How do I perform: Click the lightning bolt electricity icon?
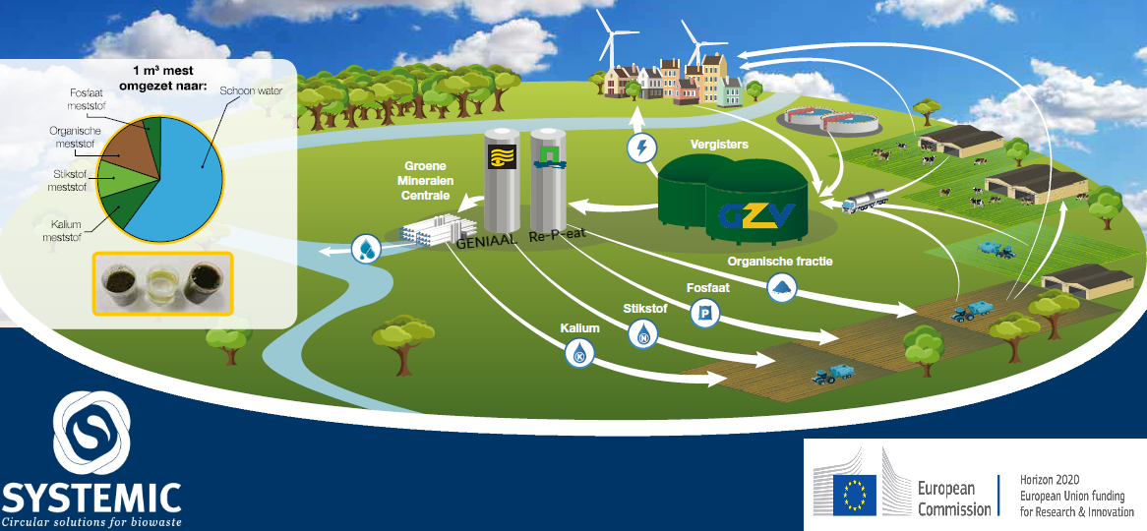[x=641, y=148]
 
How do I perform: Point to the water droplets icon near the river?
[x=366, y=249]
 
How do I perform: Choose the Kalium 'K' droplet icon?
[x=579, y=353]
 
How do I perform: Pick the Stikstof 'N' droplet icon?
[x=643, y=334]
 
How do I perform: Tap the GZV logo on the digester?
[x=756, y=214]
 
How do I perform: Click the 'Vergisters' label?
[x=719, y=145]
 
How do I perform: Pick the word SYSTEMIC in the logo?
[x=91, y=498]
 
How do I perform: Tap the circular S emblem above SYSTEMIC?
[x=91, y=433]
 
